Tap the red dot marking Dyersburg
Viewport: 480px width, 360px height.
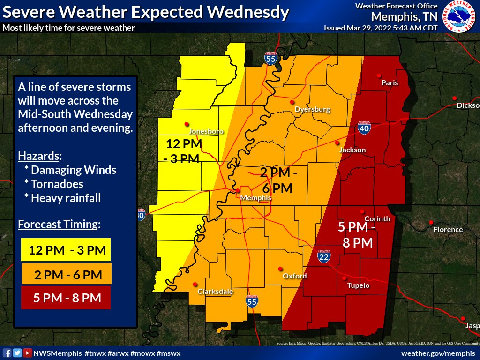click(292, 102)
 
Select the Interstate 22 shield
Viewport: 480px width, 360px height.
click(324, 256)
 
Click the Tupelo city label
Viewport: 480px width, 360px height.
click(358, 285)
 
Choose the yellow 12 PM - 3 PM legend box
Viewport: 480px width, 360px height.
click(66, 249)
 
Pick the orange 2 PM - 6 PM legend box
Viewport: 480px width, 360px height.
click(66, 274)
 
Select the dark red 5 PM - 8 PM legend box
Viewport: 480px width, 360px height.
click(66, 298)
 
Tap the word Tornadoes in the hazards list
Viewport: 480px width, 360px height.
click(57, 184)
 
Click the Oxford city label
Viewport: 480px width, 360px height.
click(294, 276)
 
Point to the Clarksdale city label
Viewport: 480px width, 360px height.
click(215, 292)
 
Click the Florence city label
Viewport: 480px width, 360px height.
click(448, 230)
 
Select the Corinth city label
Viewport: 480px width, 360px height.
click(377, 219)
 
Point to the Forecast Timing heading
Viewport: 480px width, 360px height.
click(59, 224)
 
